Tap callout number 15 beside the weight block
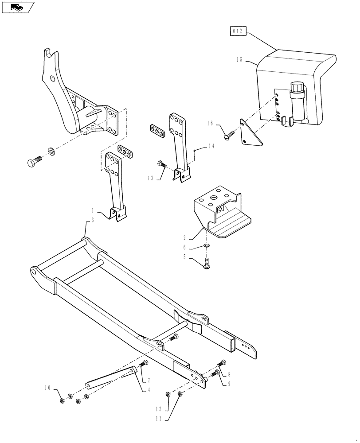point(239,60)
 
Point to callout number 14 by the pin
point(211,146)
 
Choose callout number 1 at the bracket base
point(93,210)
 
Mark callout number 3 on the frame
point(92,220)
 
